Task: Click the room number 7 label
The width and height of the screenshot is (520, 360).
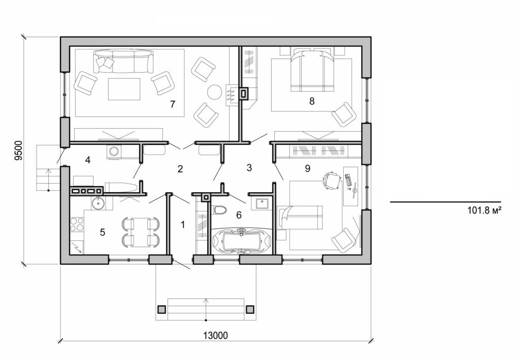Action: pyautogui.click(x=173, y=104)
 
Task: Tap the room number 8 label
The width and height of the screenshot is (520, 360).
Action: pyautogui.click(x=312, y=101)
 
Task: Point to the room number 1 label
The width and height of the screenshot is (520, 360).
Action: pyautogui.click(x=183, y=223)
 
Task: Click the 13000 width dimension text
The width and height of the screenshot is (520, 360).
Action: pyautogui.click(x=215, y=335)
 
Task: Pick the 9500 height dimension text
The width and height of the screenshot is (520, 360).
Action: pyautogui.click(x=18, y=151)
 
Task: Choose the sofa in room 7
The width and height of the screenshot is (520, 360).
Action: pyautogui.click(x=122, y=61)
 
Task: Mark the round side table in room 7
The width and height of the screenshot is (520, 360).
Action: pyautogui.click(x=214, y=92)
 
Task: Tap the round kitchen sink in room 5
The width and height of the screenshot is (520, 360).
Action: pyautogui.click(x=98, y=203)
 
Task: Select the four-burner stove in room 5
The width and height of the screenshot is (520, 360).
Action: pyautogui.click(x=76, y=224)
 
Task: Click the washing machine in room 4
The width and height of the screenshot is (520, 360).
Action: pyautogui.click(x=115, y=152)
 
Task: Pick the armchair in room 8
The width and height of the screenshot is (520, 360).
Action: pyautogui.click(x=343, y=114)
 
